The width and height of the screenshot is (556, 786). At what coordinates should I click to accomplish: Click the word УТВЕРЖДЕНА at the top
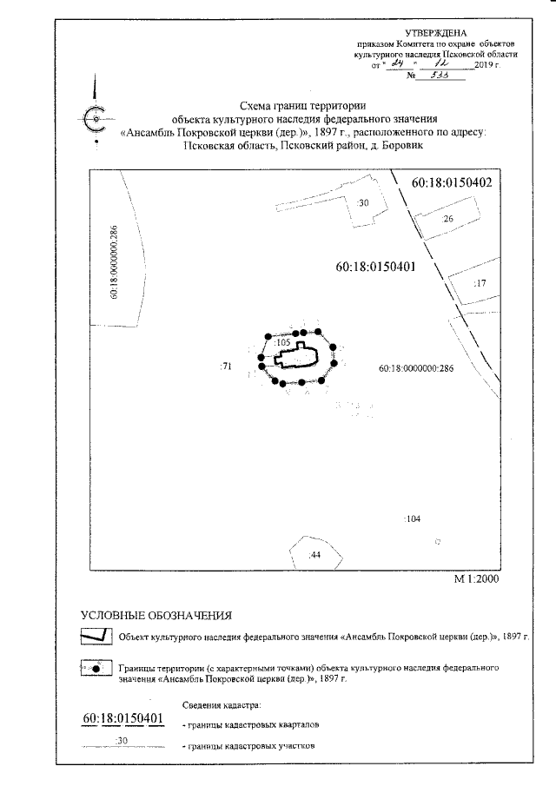pyautogui.click(x=448, y=32)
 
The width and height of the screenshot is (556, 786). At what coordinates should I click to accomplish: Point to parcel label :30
pyautogui.click(x=363, y=203)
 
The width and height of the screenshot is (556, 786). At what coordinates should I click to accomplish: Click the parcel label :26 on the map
pyautogui.click(x=448, y=220)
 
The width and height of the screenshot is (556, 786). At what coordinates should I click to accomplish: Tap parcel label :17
pyautogui.click(x=480, y=284)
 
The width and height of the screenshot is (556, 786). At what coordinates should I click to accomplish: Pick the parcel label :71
pyautogui.click(x=226, y=367)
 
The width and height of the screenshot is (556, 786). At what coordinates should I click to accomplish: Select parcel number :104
pyautogui.click(x=413, y=518)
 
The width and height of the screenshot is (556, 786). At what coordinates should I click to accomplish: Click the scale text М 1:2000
pyautogui.click(x=477, y=578)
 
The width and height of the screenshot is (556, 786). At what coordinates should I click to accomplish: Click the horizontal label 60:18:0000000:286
pyautogui.click(x=417, y=368)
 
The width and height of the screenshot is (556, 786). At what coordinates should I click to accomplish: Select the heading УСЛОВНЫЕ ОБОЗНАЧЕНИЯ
pyautogui.click(x=156, y=616)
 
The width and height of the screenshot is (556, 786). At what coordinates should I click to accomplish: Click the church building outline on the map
pyautogui.click(x=300, y=356)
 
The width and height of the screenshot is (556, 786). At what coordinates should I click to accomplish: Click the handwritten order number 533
pyautogui.click(x=428, y=76)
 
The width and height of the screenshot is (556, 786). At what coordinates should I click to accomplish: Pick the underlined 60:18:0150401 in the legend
pyautogui.click(x=123, y=718)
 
